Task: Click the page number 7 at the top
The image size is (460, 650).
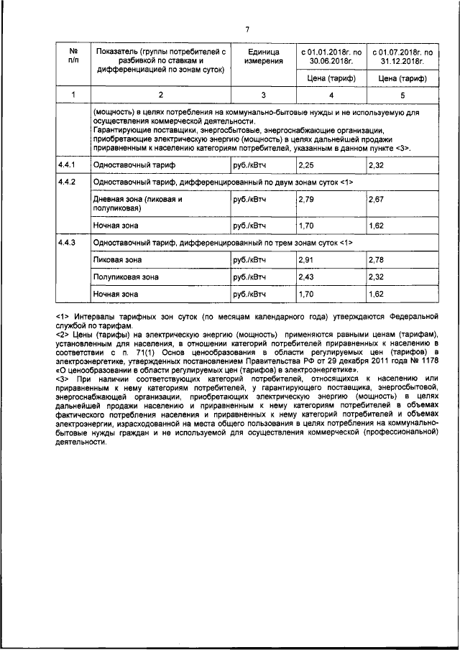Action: [x=247, y=29]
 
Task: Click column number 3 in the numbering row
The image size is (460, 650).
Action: [x=263, y=95]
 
